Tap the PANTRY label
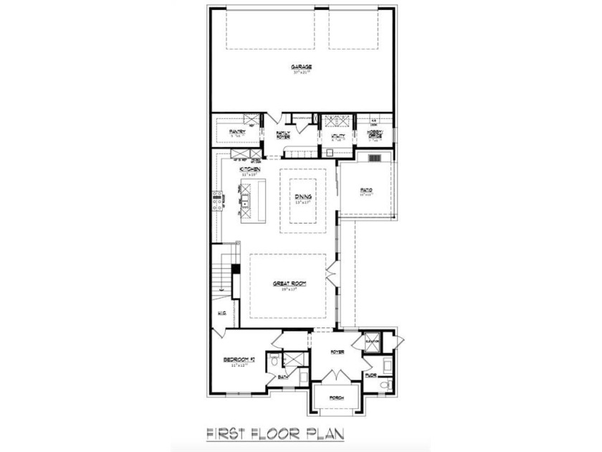click(x=237, y=132)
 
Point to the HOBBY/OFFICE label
click(x=375, y=134)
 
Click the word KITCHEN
click(x=240, y=169)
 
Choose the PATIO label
click(x=366, y=189)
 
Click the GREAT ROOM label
click(x=290, y=284)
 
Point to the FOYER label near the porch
click(x=337, y=352)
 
